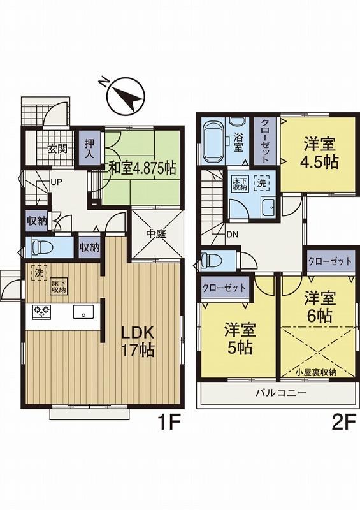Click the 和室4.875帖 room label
[x=141, y=168]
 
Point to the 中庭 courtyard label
[x=156, y=234]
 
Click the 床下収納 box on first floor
[x=59, y=286]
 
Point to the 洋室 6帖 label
[x=319, y=307]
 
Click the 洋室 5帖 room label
[x=240, y=339]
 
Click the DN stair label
[x=233, y=233]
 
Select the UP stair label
[x=56, y=181]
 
